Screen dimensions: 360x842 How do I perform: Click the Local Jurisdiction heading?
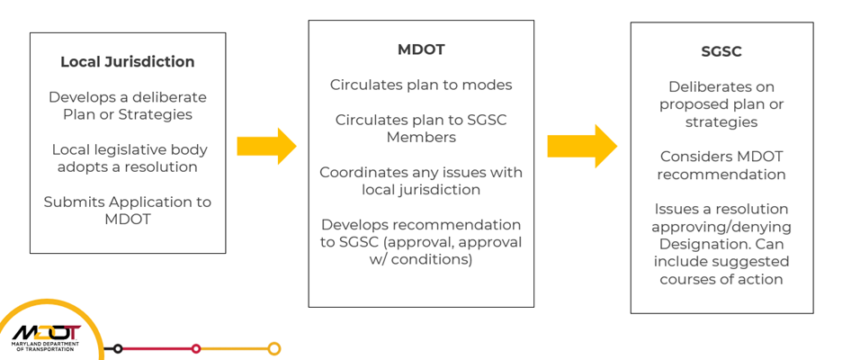127,62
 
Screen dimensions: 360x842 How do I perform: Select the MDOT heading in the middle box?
421,49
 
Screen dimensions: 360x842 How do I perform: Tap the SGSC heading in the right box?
721,51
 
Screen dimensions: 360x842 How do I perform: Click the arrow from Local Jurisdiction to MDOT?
266,146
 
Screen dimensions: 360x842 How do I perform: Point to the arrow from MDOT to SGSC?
581,146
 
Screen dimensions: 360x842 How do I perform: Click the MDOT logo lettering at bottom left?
46,331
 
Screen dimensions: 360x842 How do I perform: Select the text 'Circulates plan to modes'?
421,85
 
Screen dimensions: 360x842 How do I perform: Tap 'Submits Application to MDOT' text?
127,210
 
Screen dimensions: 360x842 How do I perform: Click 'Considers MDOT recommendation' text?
721,166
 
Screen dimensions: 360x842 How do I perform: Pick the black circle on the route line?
117,348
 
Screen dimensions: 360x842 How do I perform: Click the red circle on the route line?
196,348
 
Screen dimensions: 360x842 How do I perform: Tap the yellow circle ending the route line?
274,348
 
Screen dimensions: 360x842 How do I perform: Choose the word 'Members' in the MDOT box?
421,137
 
